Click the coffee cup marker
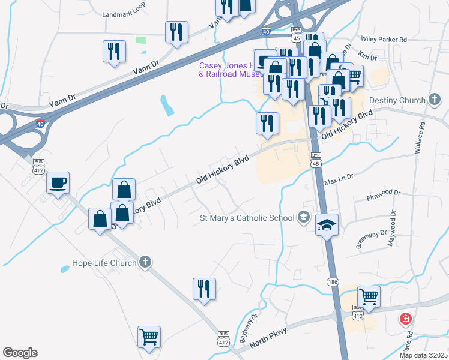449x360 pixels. coord(58,182)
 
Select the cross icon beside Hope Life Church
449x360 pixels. coord(144,262)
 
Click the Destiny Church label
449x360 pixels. coord(397,100)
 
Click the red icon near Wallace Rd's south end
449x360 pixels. coord(406,318)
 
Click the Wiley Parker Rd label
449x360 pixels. coord(384,40)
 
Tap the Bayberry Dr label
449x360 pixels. coord(249,328)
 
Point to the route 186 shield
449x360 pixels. coord(333,281)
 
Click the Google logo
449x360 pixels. coord(20,353)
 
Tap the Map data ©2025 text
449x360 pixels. coord(423,355)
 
